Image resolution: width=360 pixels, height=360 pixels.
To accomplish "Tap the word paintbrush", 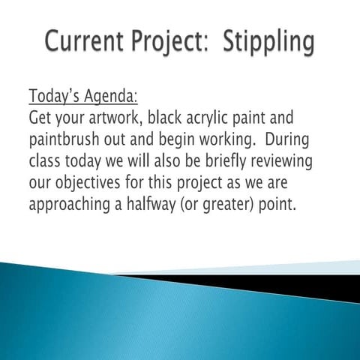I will coord(65,140).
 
